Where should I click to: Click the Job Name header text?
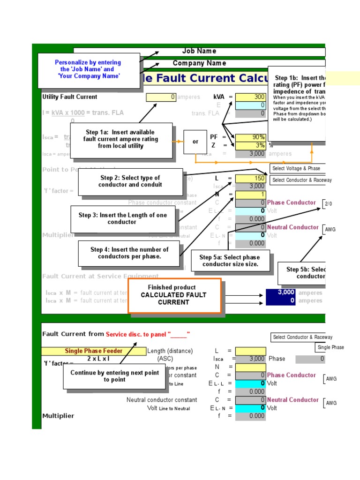click(x=199, y=51)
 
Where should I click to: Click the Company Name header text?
click(x=199, y=63)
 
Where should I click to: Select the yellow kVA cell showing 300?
click(x=250, y=97)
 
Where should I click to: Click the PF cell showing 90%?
click(x=250, y=137)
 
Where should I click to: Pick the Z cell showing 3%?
click(x=250, y=145)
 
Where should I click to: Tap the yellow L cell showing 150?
click(x=250, y=179)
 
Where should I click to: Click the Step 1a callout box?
click(x=121, y=139)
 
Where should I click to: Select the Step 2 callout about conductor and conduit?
click(x=130, y=181)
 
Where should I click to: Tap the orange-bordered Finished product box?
click(x=174, y=295)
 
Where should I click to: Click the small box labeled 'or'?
click(x=195, y=142)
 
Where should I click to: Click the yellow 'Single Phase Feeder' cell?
click(x=94, y=351)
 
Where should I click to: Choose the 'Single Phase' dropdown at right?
click(x=330, y=347)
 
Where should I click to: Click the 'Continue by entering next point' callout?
click(x=114, y=376)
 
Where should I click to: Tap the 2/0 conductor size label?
click(x=329, y=204)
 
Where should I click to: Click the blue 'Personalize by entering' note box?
click(x=88, y=69)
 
